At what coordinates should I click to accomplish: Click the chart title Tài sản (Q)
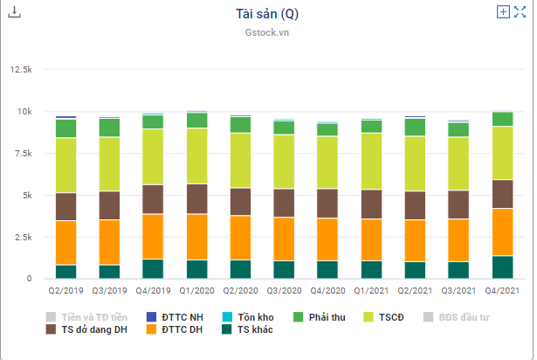pyautogui.click(x=267, y=15)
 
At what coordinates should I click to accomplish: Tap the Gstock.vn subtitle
pyautogui.click(x=267, y=32)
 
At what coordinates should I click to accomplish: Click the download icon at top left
pyautogui.click(x=13, y=12)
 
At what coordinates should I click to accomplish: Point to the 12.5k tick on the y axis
pyautogui.click(x=20, y=70)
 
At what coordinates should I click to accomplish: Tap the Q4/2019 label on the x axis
pyautogui.click(x=154, y=290)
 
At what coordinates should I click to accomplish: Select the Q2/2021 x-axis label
pyautogui.click(x=415, y=290)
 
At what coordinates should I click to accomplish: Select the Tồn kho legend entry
pyautogui.click(x=248, y=317)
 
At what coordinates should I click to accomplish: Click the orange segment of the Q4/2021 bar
pyautogui.click(x=502, y=232)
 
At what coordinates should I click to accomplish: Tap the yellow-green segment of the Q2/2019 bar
pyautogui.click(x=65, y=165)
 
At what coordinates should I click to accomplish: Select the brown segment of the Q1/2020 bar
pyautogui.click(x=196, y=198)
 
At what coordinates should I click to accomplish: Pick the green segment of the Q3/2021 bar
pyautogui.click(x=458, y=129)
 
